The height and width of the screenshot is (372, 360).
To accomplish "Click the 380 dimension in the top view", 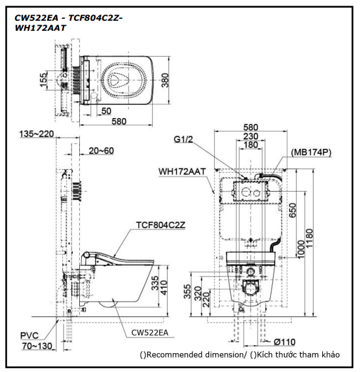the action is [x=165, y=80].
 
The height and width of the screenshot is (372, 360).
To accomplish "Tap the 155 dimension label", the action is [x=43, y=80].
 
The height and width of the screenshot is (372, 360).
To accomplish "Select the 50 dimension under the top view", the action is [x=106, y=111].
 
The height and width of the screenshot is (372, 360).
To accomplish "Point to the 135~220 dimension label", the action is [x=36, y=134].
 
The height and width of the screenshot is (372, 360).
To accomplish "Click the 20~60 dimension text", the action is [x=101, y=151].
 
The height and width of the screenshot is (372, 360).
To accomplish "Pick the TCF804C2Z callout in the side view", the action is [x=161, y=225].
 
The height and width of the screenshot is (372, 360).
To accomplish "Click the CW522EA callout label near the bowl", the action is [x=150, y=332].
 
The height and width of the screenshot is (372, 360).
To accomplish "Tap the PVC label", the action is [x=30, y=336].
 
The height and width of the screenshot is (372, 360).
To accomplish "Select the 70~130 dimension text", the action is [x=37, y=346].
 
